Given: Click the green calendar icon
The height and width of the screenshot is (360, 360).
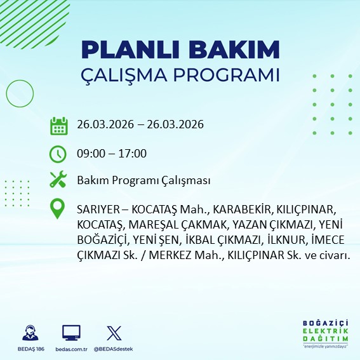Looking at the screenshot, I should pos(58,125).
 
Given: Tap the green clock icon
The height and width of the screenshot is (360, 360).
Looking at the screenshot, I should pos(58,154).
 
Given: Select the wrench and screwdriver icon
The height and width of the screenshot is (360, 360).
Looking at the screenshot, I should pos(58,181).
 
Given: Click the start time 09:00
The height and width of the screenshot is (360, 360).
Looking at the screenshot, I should pos(90,154).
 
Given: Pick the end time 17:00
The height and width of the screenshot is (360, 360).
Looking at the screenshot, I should pos(133,154).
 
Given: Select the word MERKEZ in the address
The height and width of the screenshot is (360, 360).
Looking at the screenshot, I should pos(145,255).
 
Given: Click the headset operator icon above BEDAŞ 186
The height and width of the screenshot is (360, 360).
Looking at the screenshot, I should pos(29,333).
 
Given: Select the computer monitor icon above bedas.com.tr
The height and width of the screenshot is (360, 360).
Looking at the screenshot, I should pos(71,333).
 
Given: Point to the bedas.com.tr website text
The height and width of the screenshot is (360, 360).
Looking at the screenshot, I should pos(71,349).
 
